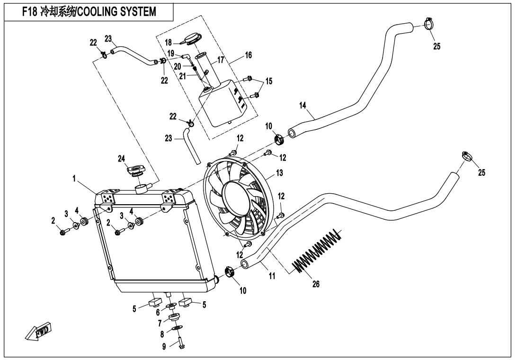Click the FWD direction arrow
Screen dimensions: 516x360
click(x=38, y=331)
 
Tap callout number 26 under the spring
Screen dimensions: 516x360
click(x=316, y=284)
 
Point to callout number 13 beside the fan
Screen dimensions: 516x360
click(x=279, y=173)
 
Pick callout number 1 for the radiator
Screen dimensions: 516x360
click(x=74, y=179)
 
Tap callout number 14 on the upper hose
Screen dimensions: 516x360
click(x=303, y=106)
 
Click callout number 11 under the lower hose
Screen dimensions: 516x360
click(x=272, y=276)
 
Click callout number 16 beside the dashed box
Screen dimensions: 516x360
click(x=249, y=55)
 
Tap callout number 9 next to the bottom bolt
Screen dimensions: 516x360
click(x=164, y=346)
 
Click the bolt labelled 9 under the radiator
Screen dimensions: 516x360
click(x=182, y=343)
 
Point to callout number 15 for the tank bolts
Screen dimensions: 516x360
click(x=269, y=81)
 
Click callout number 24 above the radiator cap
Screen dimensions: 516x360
click(x=122, y=159)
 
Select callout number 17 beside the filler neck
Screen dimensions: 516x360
click(x=221, y=60)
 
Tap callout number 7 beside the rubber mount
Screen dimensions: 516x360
click(x=160, y=323)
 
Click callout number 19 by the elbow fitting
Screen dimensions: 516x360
click(x=171, y=54)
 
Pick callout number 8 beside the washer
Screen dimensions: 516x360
click(x=162, y=334)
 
